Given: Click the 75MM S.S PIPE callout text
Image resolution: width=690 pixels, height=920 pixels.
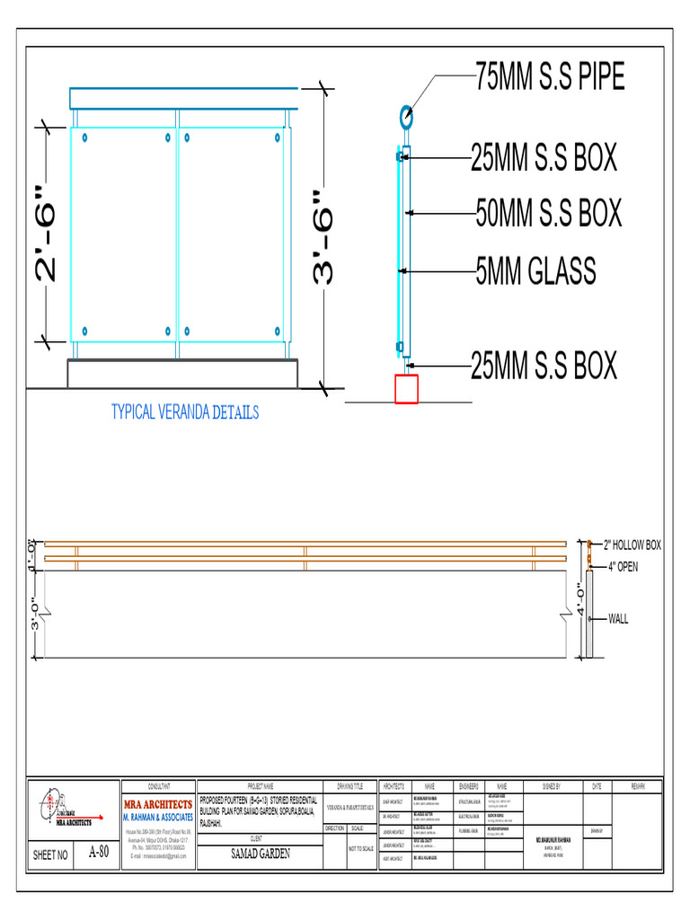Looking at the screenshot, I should pyautogui.click(x=550, y=78).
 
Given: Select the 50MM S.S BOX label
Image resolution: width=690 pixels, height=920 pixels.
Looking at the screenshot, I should pyautogui.click(x=548, y=214).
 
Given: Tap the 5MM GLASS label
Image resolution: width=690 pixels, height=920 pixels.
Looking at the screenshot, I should pyautogui.click(x=535, y=270).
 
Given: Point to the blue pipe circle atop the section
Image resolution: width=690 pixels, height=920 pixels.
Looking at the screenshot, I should pyautogui.click(x=406, y=115).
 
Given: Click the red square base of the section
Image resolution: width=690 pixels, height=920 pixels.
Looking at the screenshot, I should pyautogui.click(x=406, y=389).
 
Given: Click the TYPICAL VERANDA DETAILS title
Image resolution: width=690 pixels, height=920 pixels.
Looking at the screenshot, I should pyautogui.click(x=185, y=412).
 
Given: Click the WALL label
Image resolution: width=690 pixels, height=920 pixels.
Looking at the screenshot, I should pyautogui.click(x=619, y=618).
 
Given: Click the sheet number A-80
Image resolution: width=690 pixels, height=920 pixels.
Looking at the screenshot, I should pyautogui.click(x=99, y=853).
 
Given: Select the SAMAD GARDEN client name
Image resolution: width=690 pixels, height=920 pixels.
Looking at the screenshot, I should pyautogui.click(x=261, y=854).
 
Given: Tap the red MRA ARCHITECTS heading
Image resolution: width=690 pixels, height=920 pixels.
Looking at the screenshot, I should pyautogui.click(x=157, y=804).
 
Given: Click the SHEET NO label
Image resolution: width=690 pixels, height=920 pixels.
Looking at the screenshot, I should pyautogui.click(x=50, y=855).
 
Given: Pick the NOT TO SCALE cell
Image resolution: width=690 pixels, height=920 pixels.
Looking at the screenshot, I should pyautogui.click(x=360, y=848).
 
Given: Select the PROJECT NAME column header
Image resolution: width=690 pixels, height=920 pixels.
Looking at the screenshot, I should pyautogui.click(x=261, y=785).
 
